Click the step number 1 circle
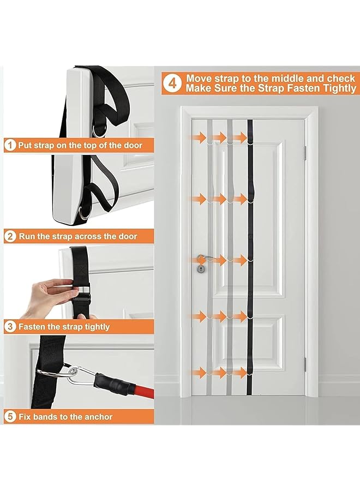(10, 145)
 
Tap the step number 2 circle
(10, 236)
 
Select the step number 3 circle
(10, 327)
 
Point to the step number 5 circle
(10, 417)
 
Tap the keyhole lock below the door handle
(200, 269)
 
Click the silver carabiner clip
(76, 374)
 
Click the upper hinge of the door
(305, 148)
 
